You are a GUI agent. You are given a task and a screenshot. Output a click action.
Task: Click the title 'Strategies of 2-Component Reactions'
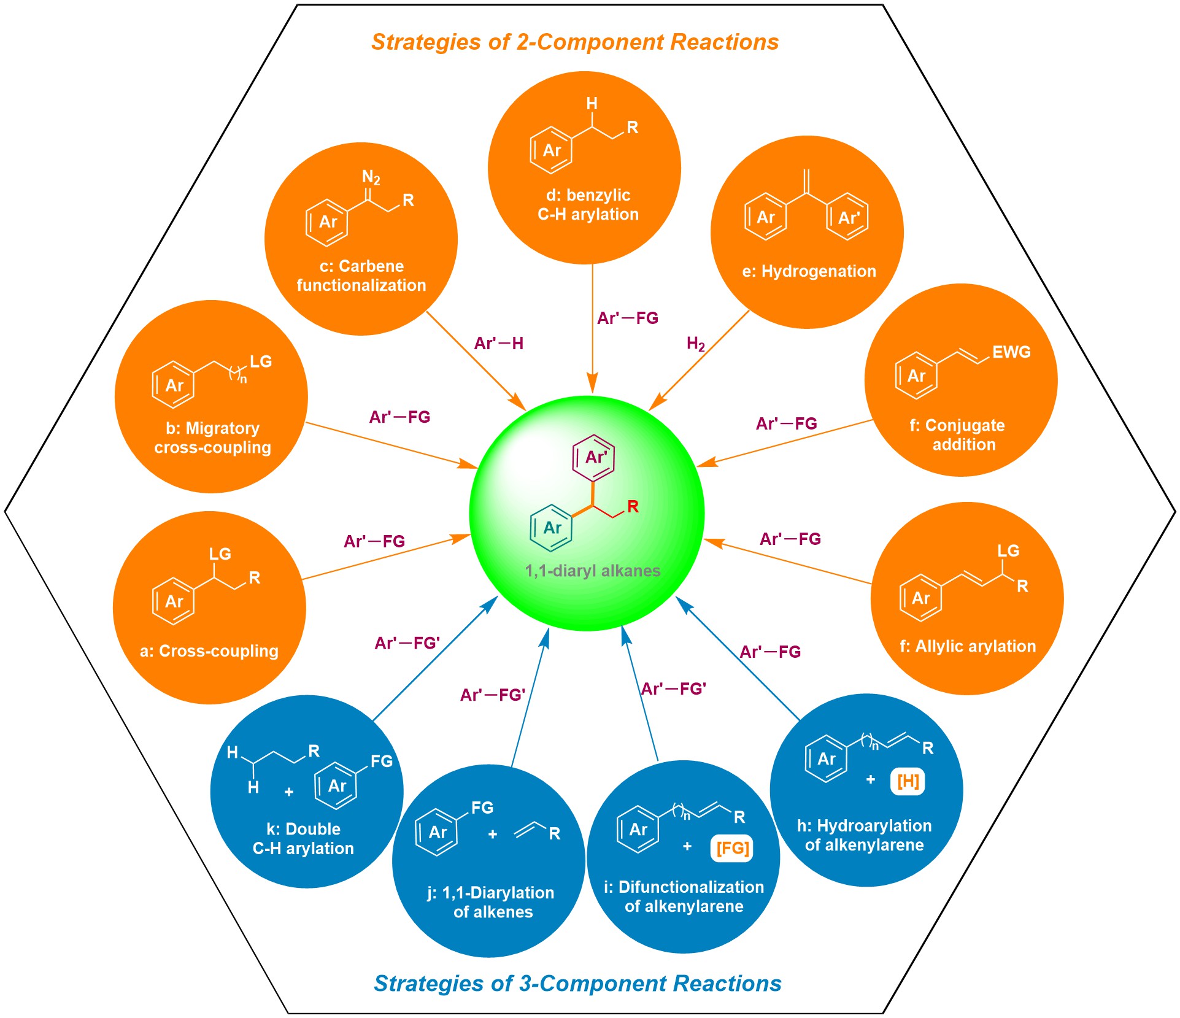pyautogui.click(x=574, y=42)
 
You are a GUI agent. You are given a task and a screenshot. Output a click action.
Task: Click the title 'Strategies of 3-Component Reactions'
pyautogui.click(x=577, y=983)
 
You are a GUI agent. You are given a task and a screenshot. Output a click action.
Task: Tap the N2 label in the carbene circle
pyautogui.click(x=371, y=178)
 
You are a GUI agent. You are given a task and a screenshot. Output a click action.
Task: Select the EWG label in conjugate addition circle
pyautogui.click(x=1011, y=352)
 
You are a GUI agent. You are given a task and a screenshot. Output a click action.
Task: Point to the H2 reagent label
pyautogui.click(x=695, y=344)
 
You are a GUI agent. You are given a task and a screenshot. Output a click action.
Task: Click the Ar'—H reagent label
pyautogui.click(x=498, y=344)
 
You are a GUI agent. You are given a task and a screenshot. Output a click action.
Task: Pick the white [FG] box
pyautogui.click(x=732, y=848)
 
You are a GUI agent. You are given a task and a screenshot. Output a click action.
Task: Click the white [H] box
pyautogui.click(x=908, y=781)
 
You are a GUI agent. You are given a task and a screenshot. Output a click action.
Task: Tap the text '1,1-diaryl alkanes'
pyautogui.click(x=593, y=571)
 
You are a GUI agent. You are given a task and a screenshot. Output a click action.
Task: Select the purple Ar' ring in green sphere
pyautogui.click(x=593, y=457)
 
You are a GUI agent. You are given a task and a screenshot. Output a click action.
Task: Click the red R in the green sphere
pyautogui.click(x=633, y=507)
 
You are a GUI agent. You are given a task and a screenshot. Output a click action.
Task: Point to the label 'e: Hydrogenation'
pyautogui.click(x=809, y=271)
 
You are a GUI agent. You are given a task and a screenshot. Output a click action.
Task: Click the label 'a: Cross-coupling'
pyautogui.click(x=209, y=650)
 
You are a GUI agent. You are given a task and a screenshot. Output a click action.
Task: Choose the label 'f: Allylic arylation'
pyautogui.click(x=968, y=646)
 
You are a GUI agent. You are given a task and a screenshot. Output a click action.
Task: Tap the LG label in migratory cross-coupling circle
pyautogui.click(x=261, y=361)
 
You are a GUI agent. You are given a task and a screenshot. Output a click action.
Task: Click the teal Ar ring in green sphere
pyautogui.click(x=552, y=527)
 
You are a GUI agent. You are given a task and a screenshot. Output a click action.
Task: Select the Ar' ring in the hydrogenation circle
pyautogui.click(x=847, y=217)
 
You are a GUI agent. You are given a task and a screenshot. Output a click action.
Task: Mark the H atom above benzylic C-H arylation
pyautogui.click(x=592, y=104)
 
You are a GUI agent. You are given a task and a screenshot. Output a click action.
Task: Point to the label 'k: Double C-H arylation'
pyautogui.click(x=303, y=838)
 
